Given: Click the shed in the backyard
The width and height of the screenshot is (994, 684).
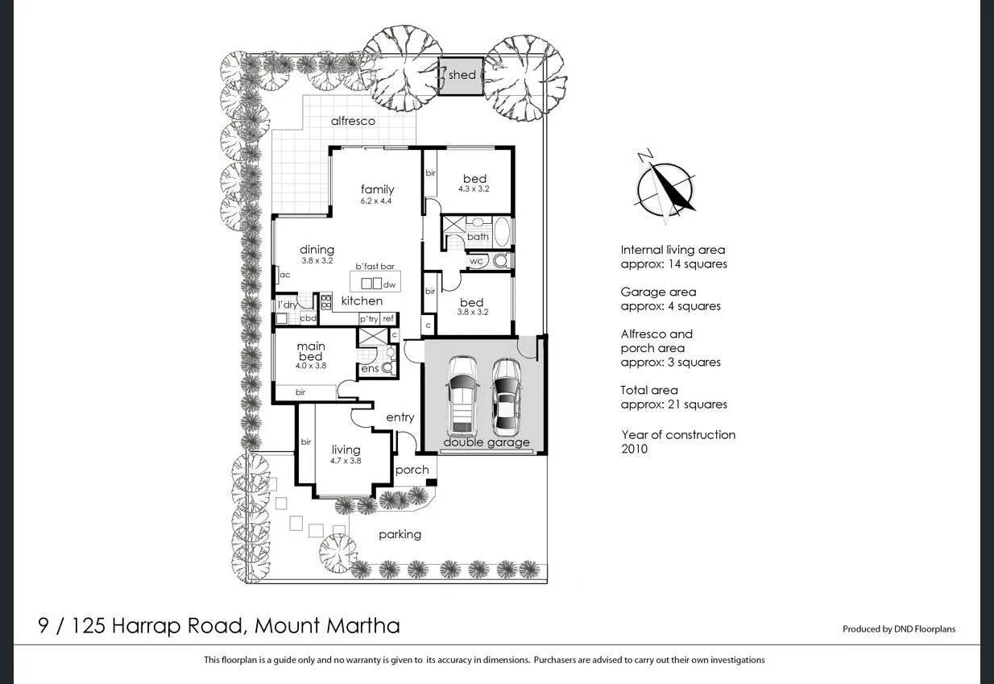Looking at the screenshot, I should (462, 76).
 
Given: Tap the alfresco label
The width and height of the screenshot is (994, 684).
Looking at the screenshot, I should (353, 122).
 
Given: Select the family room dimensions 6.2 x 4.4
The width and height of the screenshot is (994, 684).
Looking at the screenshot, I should (376, 201).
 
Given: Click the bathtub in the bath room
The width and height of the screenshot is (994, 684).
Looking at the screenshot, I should (501, 232).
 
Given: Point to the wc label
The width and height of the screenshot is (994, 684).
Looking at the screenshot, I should (476, 261).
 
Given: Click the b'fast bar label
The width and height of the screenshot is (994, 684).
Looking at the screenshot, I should (375, 267).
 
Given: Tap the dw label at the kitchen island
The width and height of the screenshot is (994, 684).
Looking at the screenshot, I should (390, 284).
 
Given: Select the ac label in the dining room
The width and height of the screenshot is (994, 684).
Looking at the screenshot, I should (284, 275).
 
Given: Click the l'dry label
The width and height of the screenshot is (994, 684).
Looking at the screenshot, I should (287, 305).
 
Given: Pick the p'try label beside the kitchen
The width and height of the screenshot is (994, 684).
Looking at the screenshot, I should (369, 319).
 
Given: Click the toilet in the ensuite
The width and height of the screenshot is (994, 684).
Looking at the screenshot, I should (388, 367).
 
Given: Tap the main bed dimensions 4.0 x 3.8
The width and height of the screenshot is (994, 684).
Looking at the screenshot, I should (310, 366).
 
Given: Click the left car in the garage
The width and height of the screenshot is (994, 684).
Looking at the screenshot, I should (463, 394).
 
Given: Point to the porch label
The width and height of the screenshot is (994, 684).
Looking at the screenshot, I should (412, 471).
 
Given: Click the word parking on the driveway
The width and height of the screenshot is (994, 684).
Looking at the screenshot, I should (400, 534).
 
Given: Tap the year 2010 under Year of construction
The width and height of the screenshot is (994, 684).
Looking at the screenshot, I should (634, 449).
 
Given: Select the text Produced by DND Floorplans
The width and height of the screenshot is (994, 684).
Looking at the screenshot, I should (898, 629).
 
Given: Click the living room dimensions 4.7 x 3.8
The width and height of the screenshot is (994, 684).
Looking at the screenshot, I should (345, 462).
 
